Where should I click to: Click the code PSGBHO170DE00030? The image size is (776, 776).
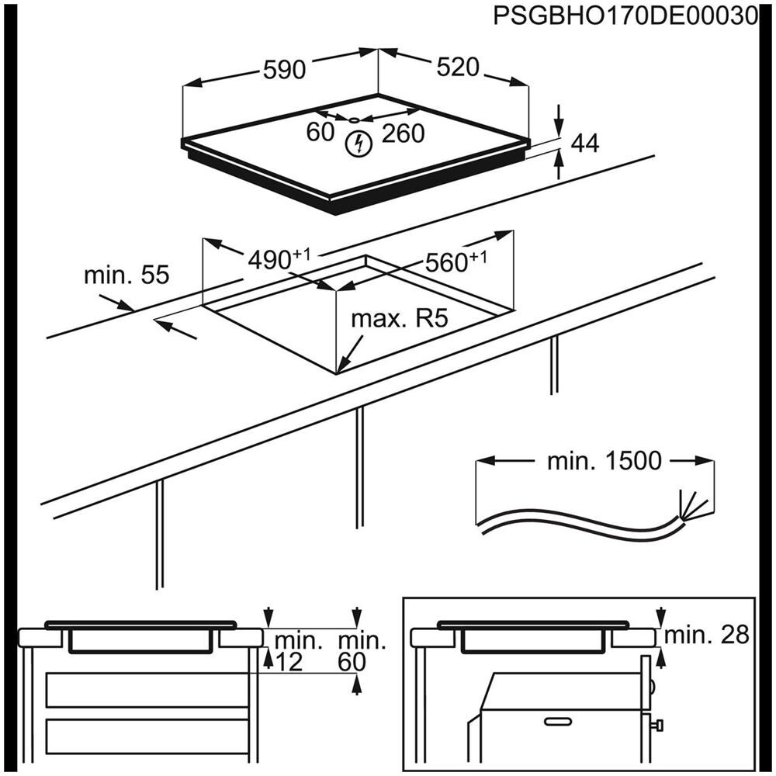pyautogui.click(x=625, y=16)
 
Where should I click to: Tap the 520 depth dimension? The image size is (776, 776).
pyautogui.click(x=456, y=68)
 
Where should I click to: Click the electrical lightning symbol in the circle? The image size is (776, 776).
pyautogui.click(x=359, y=144)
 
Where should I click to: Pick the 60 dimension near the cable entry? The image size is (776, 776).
pyautogui.click(x=319, y=133)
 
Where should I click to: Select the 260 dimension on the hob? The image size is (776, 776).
pyautogui.click(x=404, y=133)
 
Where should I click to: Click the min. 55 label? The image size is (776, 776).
pyautogui.click(x=126, y=275)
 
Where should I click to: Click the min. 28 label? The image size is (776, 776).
pyautogui.click(x=707, y=636)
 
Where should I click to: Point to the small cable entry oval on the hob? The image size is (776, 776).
pyautogui.click(x=354, y=120)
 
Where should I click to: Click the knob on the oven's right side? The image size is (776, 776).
pyautogui.click(x=659, y=726)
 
